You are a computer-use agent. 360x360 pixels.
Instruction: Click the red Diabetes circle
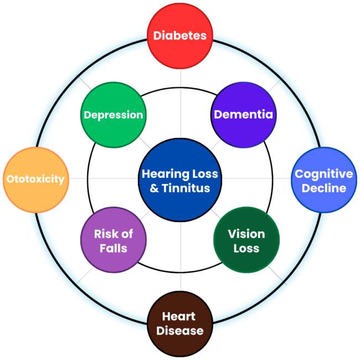pyautogui.click(x=180, y=36)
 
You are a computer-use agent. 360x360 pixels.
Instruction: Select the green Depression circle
pyautogui.click(x=114, y=115)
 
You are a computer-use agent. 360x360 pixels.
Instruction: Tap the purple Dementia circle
pyautogui.click(x=244, y=115)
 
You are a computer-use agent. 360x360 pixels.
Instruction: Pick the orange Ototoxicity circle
pyautogui.click(x=35, y=179)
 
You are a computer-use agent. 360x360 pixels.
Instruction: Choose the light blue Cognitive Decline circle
pyautogui.click(x=324, y=181)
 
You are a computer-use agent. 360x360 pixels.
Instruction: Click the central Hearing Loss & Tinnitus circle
pyautogui.click(x=180, y=181)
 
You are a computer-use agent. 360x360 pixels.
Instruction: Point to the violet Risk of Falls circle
pyautogui.click(x=114, y=241)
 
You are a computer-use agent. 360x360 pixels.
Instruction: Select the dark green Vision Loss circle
pyautogui.click(x=246, y=241)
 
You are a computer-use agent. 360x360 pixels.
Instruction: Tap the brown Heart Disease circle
pyautogui.click(x=179, y=324)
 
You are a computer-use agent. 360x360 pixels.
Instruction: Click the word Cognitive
pyautogui.click(x=324, y=174)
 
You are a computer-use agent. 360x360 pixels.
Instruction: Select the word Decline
pyautogui.click(x=324, y=188)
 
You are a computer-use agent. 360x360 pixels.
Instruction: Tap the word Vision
pyautogui.click(x=246, y=234)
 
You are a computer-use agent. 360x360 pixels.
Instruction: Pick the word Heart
pyautogui.click(x=179, y=317)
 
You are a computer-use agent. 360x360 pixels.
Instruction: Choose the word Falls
pyautogui.click(x=114, y=248)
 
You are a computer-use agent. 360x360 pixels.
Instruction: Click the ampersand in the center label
pyautogui.click(x=155, y=188)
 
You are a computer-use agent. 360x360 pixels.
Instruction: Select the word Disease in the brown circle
pyautogui.click(x=179, y=331)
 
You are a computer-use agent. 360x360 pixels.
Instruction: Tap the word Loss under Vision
pyautogui.click(x=246, y=248)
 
